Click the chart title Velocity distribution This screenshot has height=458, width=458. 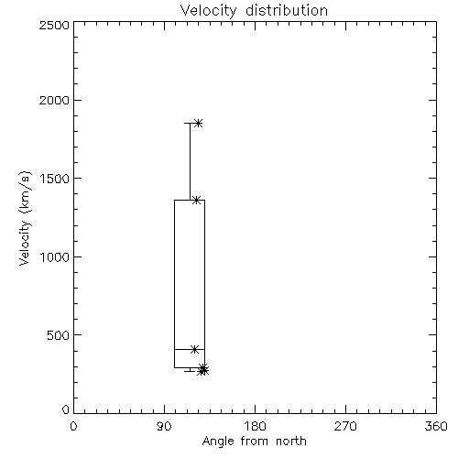(254, 11)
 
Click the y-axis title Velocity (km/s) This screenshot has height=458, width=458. (25, 218)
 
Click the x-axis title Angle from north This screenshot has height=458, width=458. (255, 442)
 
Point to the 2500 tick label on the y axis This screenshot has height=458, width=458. (54, 25)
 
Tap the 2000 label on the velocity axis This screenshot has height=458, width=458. (54, 100)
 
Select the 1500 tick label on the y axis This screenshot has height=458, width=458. (55, 179)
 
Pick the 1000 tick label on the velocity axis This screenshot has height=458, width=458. (55, 256)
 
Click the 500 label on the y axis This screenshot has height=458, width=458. (59, 335)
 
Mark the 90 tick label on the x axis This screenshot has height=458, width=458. (164, 426)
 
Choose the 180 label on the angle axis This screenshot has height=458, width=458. (255, 426)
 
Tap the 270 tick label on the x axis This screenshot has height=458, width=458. (345, 426)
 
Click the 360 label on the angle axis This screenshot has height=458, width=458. (436, 426)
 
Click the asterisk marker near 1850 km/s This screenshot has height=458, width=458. (199, 124)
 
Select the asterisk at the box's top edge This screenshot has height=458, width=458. (196, 201)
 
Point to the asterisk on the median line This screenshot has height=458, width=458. (194, 349)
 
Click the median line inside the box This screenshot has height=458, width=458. (190, 349)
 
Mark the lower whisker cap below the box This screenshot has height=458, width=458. (190, 371)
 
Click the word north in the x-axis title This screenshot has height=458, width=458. (291, 442)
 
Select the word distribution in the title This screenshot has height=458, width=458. (287, 11)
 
